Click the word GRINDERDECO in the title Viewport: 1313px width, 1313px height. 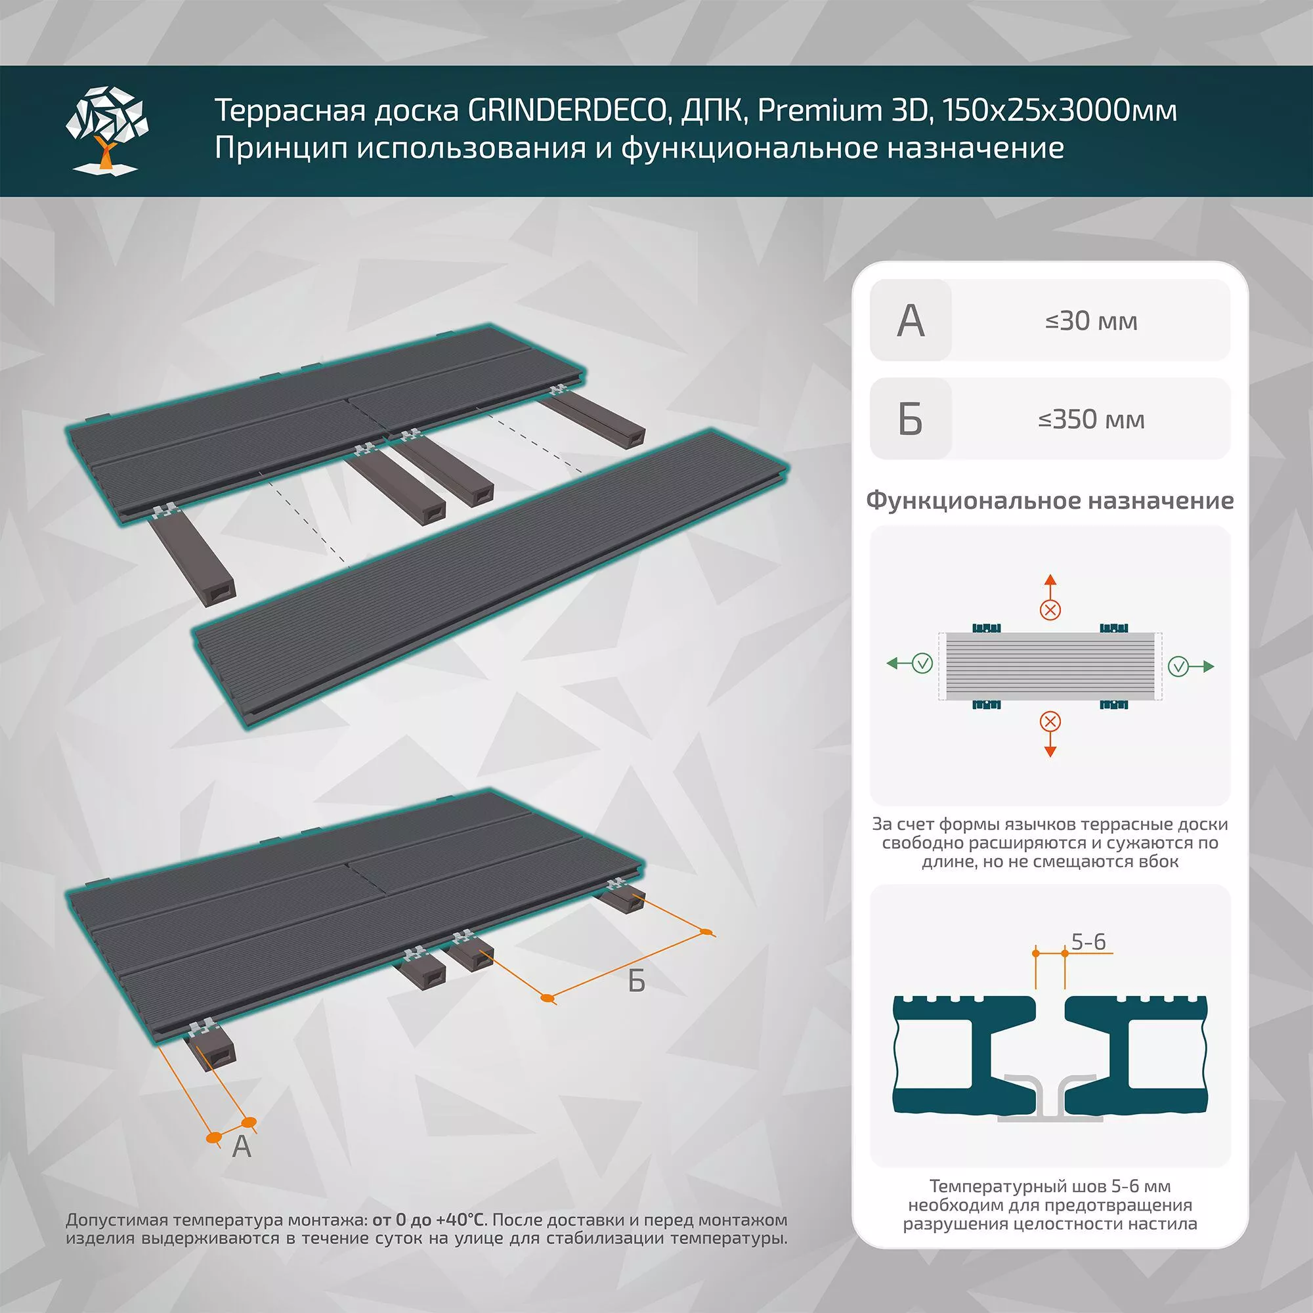pos(565,110)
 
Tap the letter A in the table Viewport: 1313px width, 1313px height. pos(910,321)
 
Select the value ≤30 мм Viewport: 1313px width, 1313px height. pos(1090,321)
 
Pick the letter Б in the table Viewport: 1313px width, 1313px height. pos(910,420)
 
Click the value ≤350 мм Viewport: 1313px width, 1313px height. pos(1090,420)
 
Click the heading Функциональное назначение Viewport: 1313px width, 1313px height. pos(1049,501)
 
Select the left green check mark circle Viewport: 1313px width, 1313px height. pos(922,663)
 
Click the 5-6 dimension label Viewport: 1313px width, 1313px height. pos(1088,942)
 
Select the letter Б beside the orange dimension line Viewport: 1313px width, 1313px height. pos(636,981)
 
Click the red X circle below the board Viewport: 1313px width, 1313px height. pos(1050,721)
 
